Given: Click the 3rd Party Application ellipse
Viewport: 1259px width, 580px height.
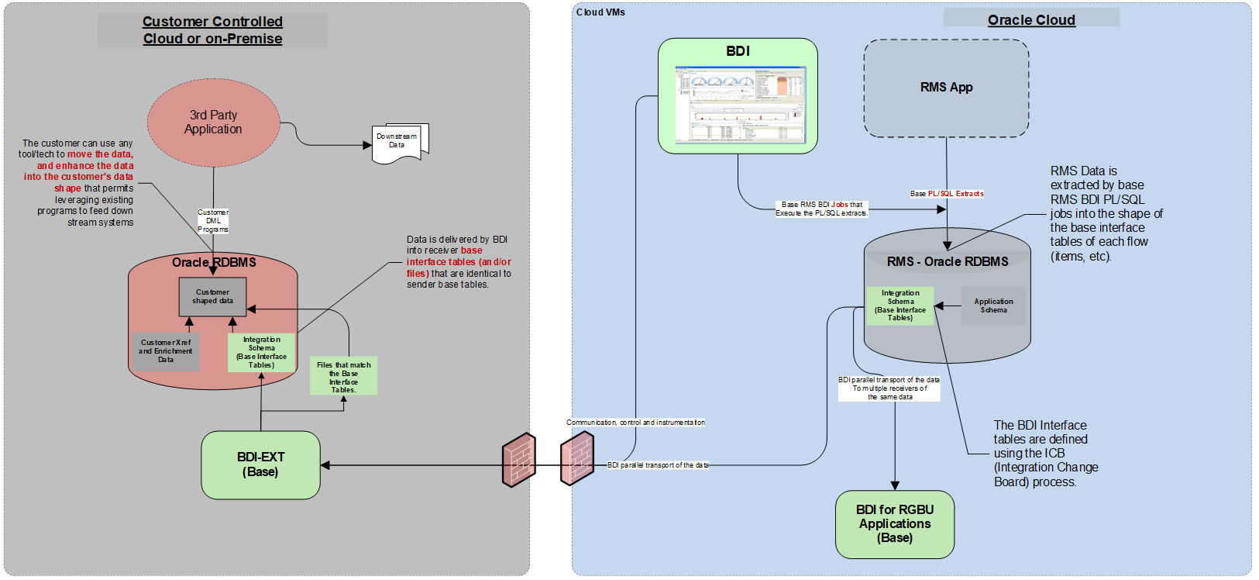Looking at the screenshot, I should [x=213, y=123].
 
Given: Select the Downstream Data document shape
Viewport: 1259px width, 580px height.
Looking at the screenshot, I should [x=399, y=143].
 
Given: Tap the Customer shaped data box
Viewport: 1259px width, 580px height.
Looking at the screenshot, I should [x=212, y=297].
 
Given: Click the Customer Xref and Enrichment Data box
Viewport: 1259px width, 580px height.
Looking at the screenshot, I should [x=166, y=351].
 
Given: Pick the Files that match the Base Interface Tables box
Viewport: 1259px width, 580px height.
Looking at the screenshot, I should [x=343, y=376].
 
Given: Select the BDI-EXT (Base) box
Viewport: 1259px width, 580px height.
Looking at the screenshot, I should [x=260, y=464].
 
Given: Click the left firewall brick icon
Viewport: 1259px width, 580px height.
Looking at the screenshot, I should [x=518, y=460].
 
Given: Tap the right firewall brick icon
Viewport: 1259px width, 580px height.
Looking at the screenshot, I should [x=577, y=459].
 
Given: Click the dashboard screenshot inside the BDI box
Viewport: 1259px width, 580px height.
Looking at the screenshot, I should [x=740, y=105].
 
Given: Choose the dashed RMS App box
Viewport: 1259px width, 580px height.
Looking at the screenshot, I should [x=946, y=88].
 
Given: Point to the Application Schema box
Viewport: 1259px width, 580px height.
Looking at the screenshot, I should [x=993, y=306].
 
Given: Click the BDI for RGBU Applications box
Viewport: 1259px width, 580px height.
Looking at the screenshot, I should [x=895, y=524].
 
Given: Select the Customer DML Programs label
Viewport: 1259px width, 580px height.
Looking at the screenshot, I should [x=213, y=221].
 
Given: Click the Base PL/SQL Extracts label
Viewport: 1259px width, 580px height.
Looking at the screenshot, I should [x=947, y=194].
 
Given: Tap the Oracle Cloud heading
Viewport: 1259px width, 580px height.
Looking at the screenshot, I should [x=1031, y=20].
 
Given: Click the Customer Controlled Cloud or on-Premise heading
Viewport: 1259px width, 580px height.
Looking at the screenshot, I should [x=212, y=30].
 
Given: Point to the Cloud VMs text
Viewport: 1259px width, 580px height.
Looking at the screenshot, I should [x=600, y=12].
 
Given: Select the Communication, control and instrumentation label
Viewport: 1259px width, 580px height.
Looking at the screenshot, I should [x=635, y=423].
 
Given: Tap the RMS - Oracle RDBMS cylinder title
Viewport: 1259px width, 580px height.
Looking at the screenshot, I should [x=948, y=262].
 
